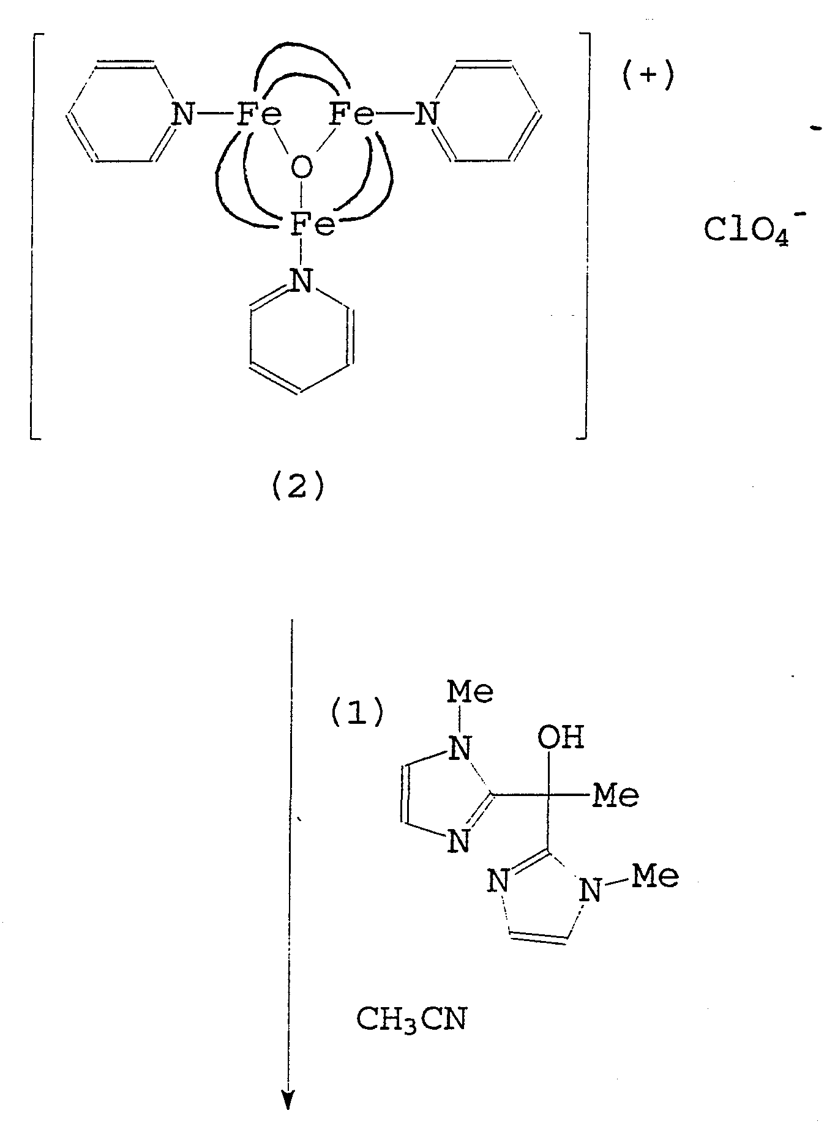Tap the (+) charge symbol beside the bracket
click(x=648, y=78)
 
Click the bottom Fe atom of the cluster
click(x=312, y=225)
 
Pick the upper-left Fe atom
click(x=258, y=114)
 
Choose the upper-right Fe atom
click(x=351, y=114)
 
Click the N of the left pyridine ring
click(x=182, y=114)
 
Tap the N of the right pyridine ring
click(x=427, y=114)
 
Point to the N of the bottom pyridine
click(x=300, y=280)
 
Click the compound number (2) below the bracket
click(x=298, y=488)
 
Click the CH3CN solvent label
click(x=411, y=1020)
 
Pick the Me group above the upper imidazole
click(x=470, y=691)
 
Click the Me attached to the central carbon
click(x=617, y=795)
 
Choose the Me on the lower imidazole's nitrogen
click(x=655, y=876)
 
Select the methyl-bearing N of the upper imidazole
click(x=460, y=748)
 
